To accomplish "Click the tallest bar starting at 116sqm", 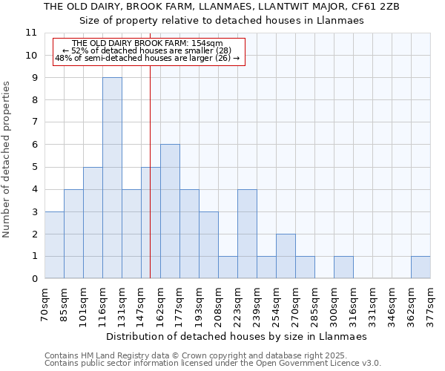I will pyautogui.click(x=112, y=178).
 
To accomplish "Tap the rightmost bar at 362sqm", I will pyautogui.click(x=421, y=267).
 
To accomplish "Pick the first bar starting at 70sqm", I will pyautogui.click(x=54, y=245).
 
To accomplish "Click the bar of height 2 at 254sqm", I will pyautogui.click(x=286, y=256).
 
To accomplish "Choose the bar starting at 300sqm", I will pyautogui.click(x=343, y=267).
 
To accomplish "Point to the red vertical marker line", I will pyautogui.click(x=151, y=185).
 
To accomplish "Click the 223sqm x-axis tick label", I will pyautogui.click(x=237, y=305).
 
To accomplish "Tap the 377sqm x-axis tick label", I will pyautogui.click(x=430, y=305).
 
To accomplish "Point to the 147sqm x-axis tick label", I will pyautogui.click(x=142, y=305).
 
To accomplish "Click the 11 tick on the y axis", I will pyautogui.click(x=31, y=33).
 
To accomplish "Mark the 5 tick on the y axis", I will pyautogui.click(x=34, y=167).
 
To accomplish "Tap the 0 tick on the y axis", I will pyautogui.click(x=34, y=279).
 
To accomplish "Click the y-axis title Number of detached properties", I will pyautogui.click(x=7, y=159).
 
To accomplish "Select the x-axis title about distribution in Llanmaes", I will pyautogui.click(x=237, y=336).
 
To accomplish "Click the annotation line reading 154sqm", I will pyautogui.click(x=148, y=44).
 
